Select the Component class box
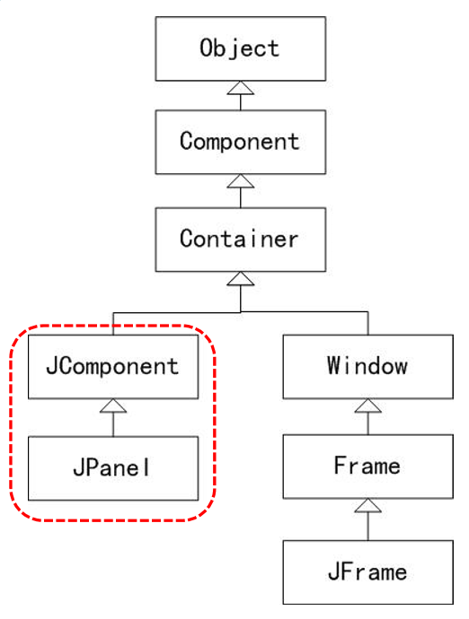pos(239,142)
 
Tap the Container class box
pos(239,240)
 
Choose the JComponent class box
pos(113,366)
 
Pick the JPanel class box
pos(113,467)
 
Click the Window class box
pos(367,366)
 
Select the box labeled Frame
pos(367,467)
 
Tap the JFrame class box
pos(367,571)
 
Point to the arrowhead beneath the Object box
pos(239,87)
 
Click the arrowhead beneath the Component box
pos(239,182)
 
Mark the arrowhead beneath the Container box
pos(239,279)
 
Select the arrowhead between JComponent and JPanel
pos(113,406)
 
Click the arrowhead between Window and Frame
pos(367,406)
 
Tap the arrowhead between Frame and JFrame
pos(367,508)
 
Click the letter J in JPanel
pos(77,467)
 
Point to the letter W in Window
pos(334,366)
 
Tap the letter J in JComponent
pos(53,366)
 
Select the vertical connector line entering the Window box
pos(367,323)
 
